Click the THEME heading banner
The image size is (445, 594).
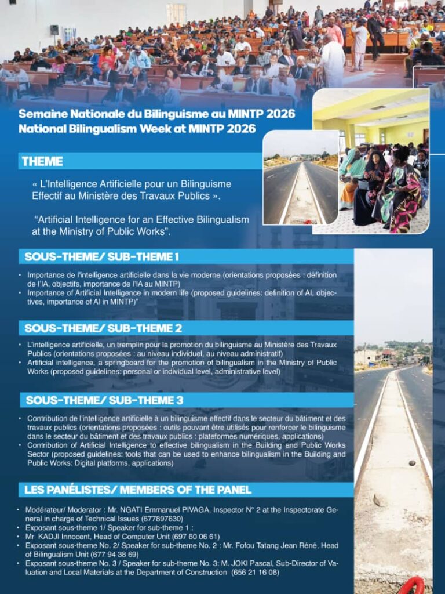[42, 161]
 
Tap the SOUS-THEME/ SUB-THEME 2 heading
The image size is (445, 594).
[103, 328]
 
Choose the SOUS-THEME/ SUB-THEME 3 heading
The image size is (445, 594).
[104, 400]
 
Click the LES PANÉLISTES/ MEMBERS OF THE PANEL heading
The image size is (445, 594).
[138, 490]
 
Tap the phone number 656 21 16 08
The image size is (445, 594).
[255, 573]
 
